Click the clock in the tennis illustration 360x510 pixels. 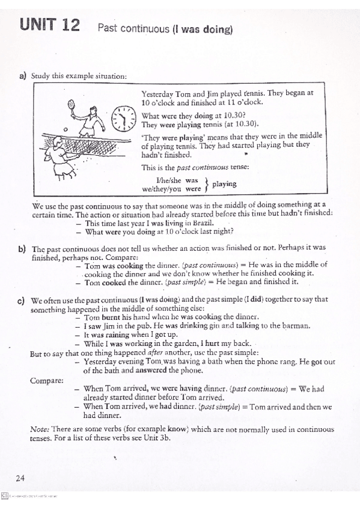tap(123, 118)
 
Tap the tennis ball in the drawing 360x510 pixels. tap(65, 128)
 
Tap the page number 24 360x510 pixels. tap(20, 478)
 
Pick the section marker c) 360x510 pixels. tap(23, 299)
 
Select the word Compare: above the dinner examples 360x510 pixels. tap(45, 380)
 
